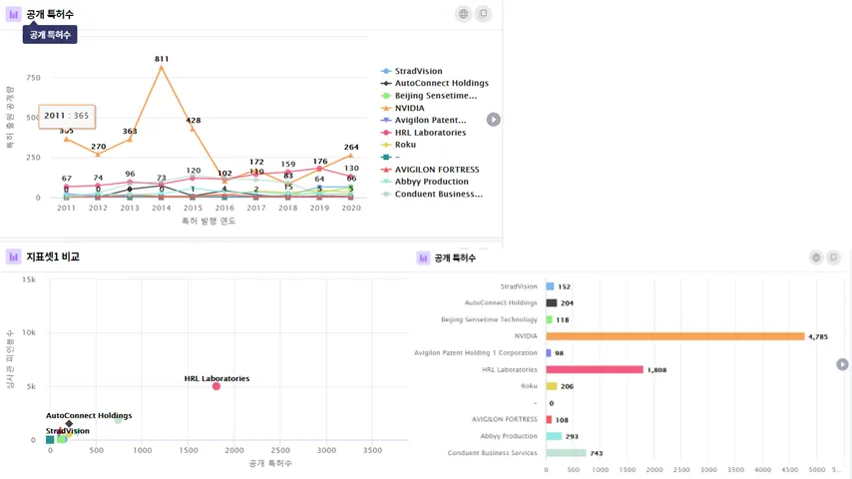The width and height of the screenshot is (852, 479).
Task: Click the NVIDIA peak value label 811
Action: [162, 59]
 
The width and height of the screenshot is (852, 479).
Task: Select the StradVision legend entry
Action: [418, 72]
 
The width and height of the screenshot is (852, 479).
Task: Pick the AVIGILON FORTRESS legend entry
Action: [437, 170]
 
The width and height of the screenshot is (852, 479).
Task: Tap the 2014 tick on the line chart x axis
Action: [162, 208]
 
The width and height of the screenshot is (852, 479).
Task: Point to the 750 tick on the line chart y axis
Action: [33, 78]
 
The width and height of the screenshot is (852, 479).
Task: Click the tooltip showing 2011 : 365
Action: [67, 116]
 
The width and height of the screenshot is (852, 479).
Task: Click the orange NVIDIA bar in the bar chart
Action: [675, 336]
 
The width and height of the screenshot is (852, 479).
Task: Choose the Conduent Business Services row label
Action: [494, 453]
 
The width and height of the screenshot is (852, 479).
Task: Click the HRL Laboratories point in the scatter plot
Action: [216, 386]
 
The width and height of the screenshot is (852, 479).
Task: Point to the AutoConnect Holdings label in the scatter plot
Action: [89, 415]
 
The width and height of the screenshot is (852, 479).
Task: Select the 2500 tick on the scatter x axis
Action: [281, 451]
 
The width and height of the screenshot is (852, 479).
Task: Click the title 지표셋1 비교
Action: [53, 256]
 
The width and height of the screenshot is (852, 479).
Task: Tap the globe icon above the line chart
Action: [463, 14]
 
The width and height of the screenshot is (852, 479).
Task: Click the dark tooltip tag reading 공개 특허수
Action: [50, 35]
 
